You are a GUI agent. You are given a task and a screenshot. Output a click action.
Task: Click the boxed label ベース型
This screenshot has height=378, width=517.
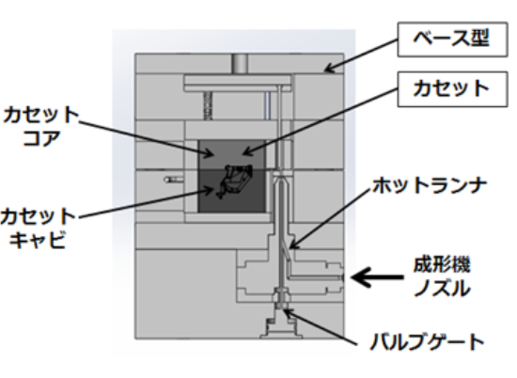pos(452,39)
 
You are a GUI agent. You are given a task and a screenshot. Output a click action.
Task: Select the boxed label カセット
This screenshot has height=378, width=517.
pos(452,89)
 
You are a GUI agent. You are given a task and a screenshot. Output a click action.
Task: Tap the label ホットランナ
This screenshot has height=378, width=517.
pos(430,185)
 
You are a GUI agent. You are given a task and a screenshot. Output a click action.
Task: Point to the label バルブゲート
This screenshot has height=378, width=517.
pos(428,341)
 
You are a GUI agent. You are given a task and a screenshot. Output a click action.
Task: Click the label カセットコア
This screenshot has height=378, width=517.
pos(40,126)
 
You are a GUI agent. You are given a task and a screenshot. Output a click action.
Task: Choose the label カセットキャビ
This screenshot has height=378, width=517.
pos(39,228)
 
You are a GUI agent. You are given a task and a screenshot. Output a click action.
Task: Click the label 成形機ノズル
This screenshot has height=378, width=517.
pos(442,277)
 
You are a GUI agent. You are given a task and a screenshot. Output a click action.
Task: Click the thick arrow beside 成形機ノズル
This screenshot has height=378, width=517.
pos(377,277)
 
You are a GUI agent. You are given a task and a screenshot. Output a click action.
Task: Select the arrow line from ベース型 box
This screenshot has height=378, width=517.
pos(361,55)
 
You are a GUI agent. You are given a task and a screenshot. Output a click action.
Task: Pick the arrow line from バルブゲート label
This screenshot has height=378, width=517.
pos(320,327)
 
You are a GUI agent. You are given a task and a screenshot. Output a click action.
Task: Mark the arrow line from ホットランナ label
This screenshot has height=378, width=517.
pos(330,219)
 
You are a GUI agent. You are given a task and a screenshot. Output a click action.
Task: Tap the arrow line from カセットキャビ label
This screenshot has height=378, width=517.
pos(147,203)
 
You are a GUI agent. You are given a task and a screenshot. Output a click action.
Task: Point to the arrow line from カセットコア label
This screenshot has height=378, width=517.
pos(147,138)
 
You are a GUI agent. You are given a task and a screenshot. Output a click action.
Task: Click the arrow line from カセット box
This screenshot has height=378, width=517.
pos(320,121)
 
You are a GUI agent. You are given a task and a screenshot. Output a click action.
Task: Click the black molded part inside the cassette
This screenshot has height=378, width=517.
pos(234,181)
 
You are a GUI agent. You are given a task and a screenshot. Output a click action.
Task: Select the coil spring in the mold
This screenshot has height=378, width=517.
pos(208,105)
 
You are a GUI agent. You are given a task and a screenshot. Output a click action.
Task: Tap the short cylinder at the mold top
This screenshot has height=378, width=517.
pos(240,64)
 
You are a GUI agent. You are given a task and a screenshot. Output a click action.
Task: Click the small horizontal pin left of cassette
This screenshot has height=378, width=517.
pos(174,180)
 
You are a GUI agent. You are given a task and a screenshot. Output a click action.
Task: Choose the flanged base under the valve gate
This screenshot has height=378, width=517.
pos(281,328)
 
